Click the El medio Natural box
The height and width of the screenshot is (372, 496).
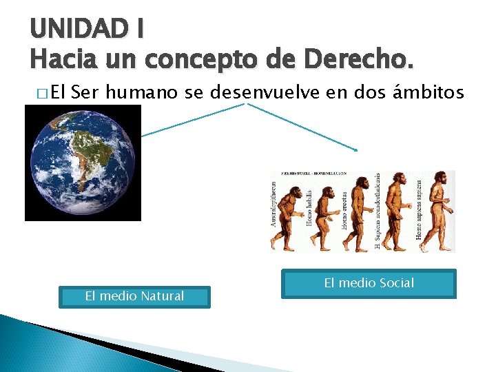(x=134, y=297)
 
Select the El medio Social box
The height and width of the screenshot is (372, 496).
(x=369, y=283)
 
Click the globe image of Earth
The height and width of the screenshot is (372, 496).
(x=83, y=163)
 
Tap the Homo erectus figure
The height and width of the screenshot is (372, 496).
(x=360, y=210)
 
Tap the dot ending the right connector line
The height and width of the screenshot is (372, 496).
(x=356, y=149)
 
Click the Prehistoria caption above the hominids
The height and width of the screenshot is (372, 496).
(x=313, y=174)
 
